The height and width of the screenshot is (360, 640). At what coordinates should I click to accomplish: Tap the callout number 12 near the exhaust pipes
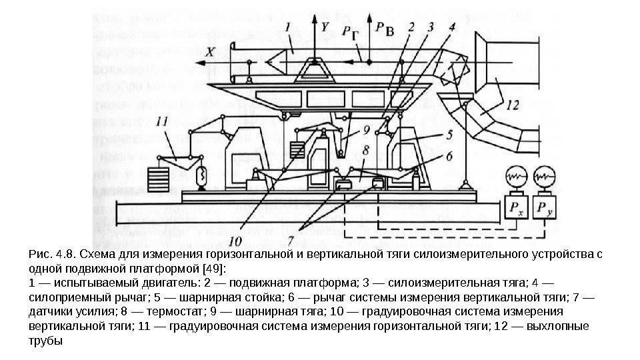[x=511, y=105]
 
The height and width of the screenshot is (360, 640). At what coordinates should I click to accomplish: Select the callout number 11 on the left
[x=162, y=122]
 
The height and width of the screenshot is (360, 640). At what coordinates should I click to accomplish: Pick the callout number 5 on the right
[x=449, y=134]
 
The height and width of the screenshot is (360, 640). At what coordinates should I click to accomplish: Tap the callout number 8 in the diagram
[x=365, y=153]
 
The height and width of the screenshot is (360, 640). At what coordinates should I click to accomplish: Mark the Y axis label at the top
[x=325, y=27]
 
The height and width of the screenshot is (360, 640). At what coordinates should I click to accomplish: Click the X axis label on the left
[x=210, y=51]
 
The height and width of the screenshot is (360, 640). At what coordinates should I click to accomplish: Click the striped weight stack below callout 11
[x=158, y=179]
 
